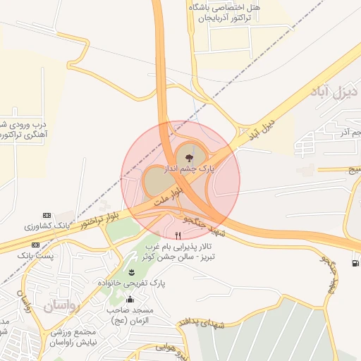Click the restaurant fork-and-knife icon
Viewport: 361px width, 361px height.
[x=177, y=234]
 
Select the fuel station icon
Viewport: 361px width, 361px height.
[x=354, y=263]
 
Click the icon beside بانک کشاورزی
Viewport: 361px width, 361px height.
[x=47, y=215]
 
